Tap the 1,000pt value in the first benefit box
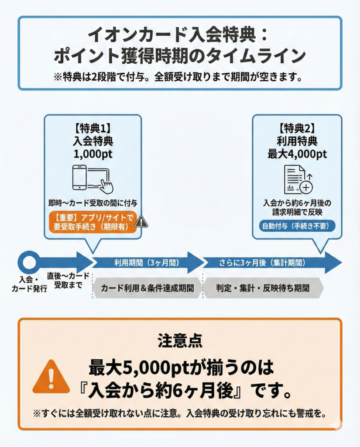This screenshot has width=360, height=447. (93, 153)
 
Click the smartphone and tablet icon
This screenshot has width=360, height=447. (92, 179)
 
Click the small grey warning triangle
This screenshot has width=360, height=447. (141, 222)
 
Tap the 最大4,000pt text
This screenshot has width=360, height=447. (297, 153)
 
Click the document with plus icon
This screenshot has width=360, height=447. (298, 179)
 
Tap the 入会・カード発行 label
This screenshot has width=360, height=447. (29, 285)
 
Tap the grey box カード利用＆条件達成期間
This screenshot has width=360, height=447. (147, 288)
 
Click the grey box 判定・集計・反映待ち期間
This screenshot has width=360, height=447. (263, 288)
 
